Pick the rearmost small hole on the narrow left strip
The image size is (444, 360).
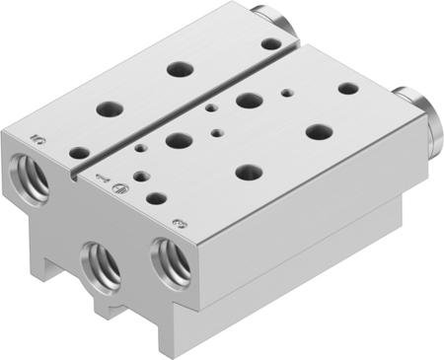[268, 44]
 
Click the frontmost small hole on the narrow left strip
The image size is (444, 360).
[78, 153]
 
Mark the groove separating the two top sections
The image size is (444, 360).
[187, 100]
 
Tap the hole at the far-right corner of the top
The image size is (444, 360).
[348, 89]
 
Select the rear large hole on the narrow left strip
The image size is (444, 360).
[179, 69]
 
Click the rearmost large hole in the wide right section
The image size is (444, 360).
[249, 100]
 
